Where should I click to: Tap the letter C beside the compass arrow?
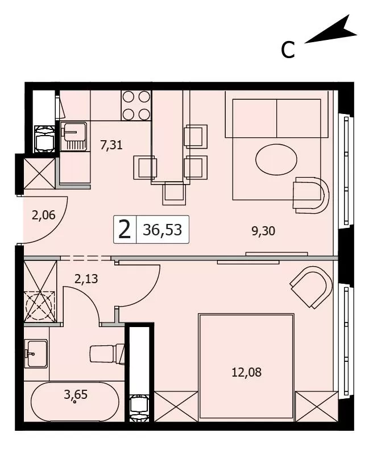click(x=288, y=50)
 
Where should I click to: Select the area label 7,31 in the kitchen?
click(x=111, y=145)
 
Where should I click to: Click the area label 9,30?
click(x=263, y=231)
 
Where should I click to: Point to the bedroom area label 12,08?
click(x=246, y=373)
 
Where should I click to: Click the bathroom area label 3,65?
click(x=76, y=395)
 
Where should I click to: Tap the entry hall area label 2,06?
click(x=43, y=215)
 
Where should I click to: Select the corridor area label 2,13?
click(x=86, y=279)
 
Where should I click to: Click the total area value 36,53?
click(x=163, y=230)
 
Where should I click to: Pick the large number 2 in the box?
click(x=125, y=230)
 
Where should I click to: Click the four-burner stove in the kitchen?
click(x=136, y=105)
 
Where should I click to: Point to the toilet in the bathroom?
click(x=107, y=354)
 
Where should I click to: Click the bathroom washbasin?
click(x=37, y=354)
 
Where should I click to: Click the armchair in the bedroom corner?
click(x=312, y=287)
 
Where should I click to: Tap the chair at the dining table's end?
click(x=174, y=194)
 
